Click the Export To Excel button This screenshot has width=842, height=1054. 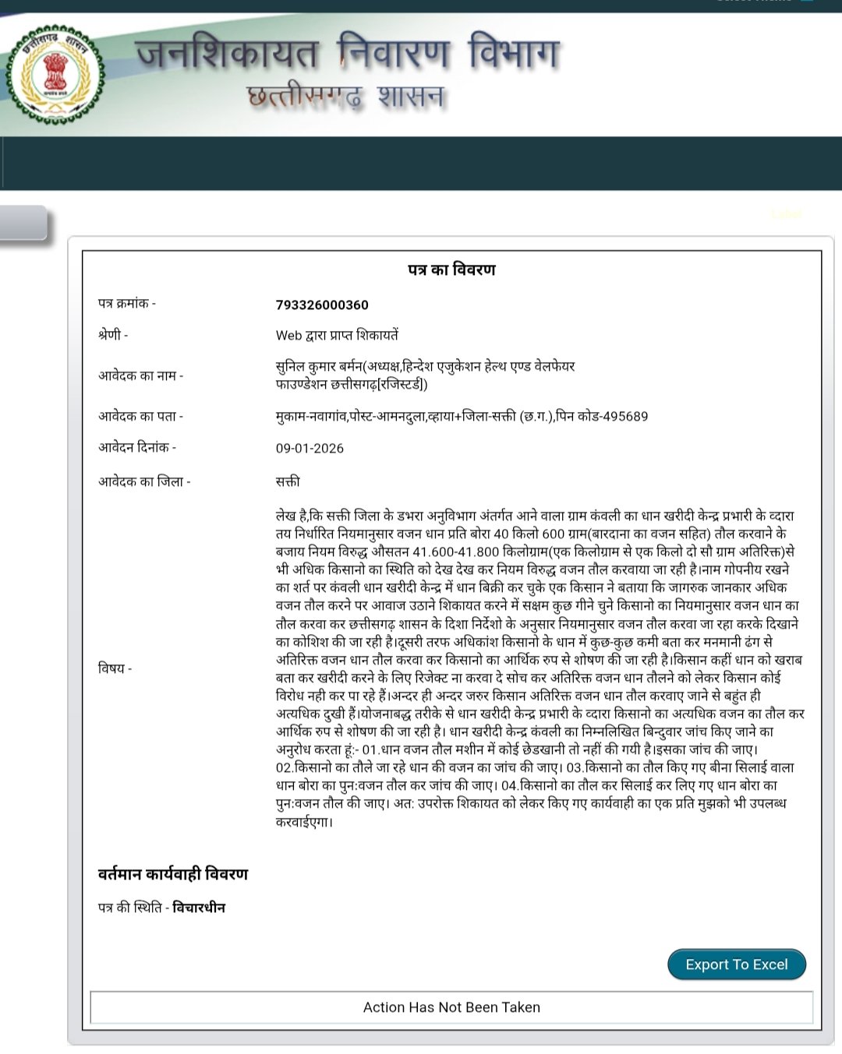pyautogui.click(x=736, y=964)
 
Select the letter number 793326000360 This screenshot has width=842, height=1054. pyautogui.click(x=322, y=305)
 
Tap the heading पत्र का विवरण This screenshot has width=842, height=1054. pyautogui.click(x=451, y=270)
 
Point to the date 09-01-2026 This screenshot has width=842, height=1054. pyautogui.click(x=310, y=448)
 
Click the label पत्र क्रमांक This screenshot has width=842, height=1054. pyautogui.click(x=126, y=303)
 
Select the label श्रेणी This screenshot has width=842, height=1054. pyautogui.click(x=113, y=334)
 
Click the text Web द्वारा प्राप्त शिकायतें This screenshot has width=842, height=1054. pyautogui.click(x=337, y=335)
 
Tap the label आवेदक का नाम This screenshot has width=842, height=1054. pyautogui.click(x=140, y=375)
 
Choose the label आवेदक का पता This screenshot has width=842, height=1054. pyautogui.click(x=140, y=416)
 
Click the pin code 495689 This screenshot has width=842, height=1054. pyautogui.click(x=621, y=416)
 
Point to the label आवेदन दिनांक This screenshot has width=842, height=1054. pyautogui.click(x=137, y=447)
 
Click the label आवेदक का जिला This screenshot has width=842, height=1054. pyautogui.click(x=144, y=481)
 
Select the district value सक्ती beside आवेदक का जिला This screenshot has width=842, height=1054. pyautogui.click(x=288, y=481)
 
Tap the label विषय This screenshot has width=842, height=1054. pyautogui.click(x=115, y=668)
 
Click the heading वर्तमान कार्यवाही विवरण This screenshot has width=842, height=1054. pyautogui.click(x=173, y=874)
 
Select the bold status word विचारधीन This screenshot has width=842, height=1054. pyautogui.click(x=199, y=908)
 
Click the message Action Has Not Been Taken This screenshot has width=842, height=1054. pyautogui.click(x=451, y=1007)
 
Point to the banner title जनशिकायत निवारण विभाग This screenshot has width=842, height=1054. pyautogui.click(x=348, y=53)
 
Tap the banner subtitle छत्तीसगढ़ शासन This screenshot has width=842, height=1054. pyautogui.click(x=345, y=97)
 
